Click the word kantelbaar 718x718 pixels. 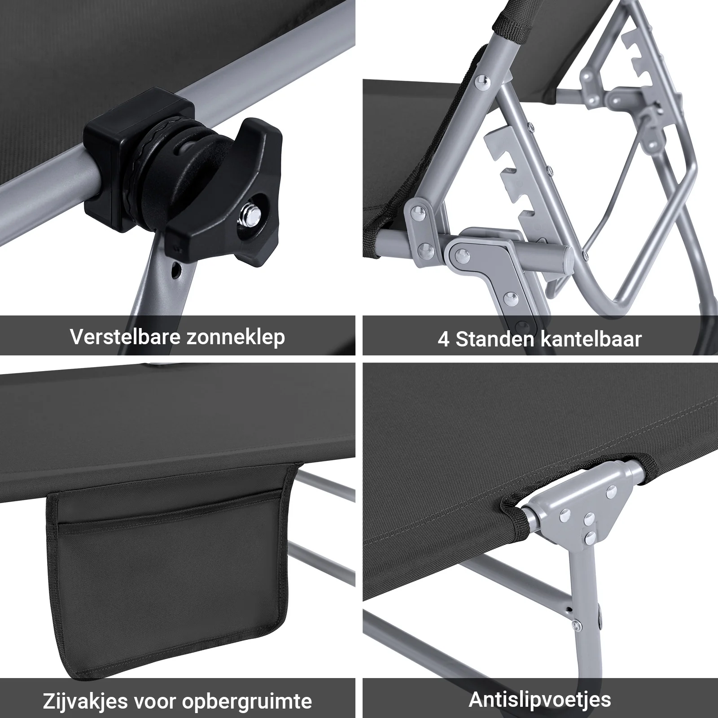click(591, 339)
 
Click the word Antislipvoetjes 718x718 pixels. click(540, 699)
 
